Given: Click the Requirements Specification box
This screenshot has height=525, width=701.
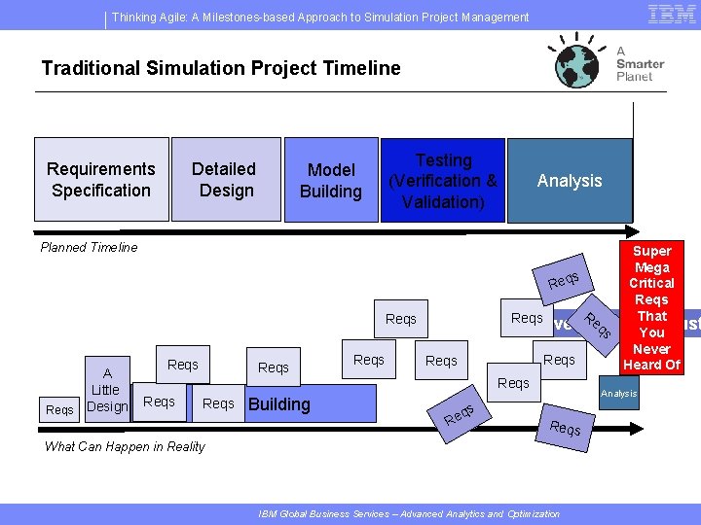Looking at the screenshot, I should coord(100,180).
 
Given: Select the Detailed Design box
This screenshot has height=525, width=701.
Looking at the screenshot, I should coord(225,180).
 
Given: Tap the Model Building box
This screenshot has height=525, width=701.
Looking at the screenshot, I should coord(330,180).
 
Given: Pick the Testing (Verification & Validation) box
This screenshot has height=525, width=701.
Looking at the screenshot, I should coord(443,180).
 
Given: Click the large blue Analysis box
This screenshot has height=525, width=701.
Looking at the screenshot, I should coord(570,180).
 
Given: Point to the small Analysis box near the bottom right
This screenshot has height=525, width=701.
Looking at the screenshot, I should coord(619,394).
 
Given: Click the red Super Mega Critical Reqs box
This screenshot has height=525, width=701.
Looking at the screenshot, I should coord(651,307).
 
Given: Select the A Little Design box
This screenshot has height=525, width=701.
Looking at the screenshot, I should coord(107,390).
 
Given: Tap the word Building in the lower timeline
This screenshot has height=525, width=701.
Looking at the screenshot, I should coord(279,404).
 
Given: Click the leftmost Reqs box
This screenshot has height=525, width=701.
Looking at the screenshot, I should coord(59,410).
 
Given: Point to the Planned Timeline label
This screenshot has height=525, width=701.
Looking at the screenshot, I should coord(90,247).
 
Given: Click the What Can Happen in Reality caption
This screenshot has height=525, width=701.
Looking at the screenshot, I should coord(125,446).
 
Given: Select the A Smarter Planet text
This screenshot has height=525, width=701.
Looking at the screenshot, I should coord(640,63).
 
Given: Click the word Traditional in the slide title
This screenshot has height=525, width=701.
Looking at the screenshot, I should coord(87,68).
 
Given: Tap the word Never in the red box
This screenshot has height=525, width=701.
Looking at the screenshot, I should coord(651,349).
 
